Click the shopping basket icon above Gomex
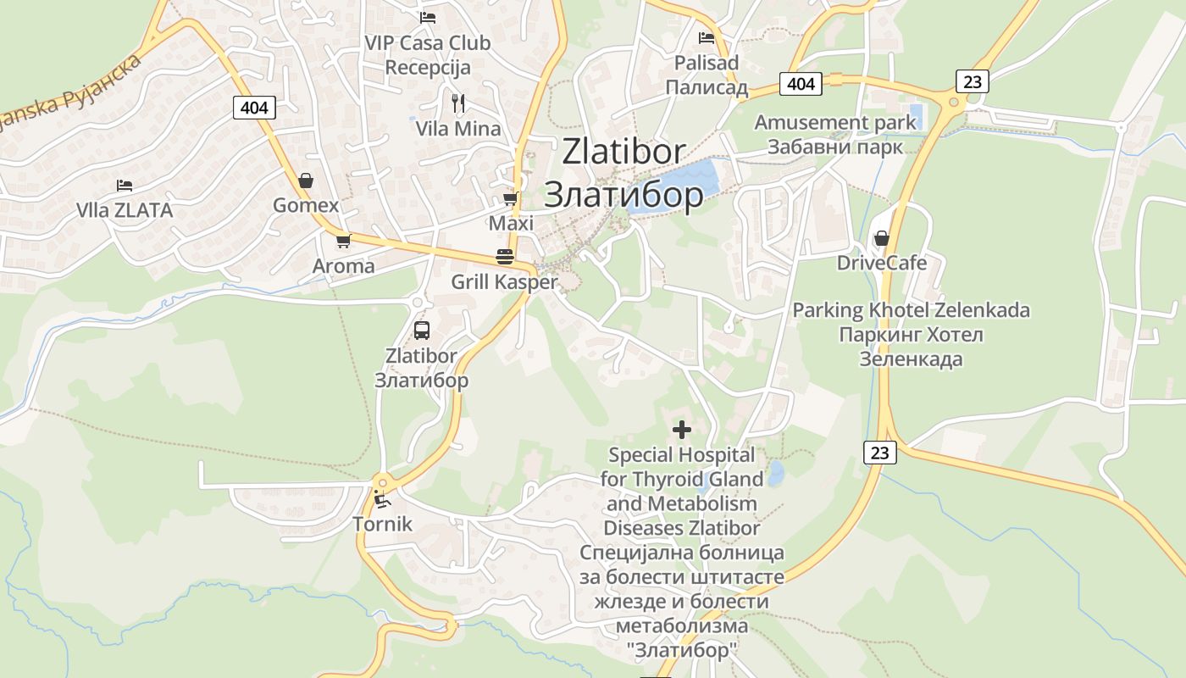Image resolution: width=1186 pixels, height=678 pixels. point(306,181)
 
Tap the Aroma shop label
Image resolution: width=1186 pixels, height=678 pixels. point(343,266)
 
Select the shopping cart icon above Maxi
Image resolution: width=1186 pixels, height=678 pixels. point(510,198)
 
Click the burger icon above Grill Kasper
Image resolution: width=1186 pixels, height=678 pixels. point(505,257)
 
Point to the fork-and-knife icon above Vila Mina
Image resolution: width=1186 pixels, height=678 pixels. point(458,103)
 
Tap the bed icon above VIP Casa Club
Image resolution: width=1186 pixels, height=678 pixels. point(428,17)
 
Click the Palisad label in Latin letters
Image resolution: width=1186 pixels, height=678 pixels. point(706,63)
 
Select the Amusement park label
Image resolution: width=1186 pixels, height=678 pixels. point(835,122)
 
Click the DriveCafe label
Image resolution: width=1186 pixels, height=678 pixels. point(881,263)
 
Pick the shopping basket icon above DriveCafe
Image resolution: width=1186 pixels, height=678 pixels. point(881,238)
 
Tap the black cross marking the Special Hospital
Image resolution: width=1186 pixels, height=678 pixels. point(681,430)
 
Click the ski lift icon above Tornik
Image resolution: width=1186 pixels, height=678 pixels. point(382,499)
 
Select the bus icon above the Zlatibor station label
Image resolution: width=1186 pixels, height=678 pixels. point(422,331)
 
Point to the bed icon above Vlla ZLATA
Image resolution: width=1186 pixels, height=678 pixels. point(125,185)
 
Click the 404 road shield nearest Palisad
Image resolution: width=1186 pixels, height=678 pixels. point(801,83)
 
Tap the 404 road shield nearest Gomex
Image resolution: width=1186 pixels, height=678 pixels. point(254,107)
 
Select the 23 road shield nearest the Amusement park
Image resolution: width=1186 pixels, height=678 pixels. point(973,81)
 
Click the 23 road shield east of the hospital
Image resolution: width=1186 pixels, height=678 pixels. point(880,453)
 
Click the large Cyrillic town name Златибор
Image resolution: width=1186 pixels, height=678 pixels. point(623,195)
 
